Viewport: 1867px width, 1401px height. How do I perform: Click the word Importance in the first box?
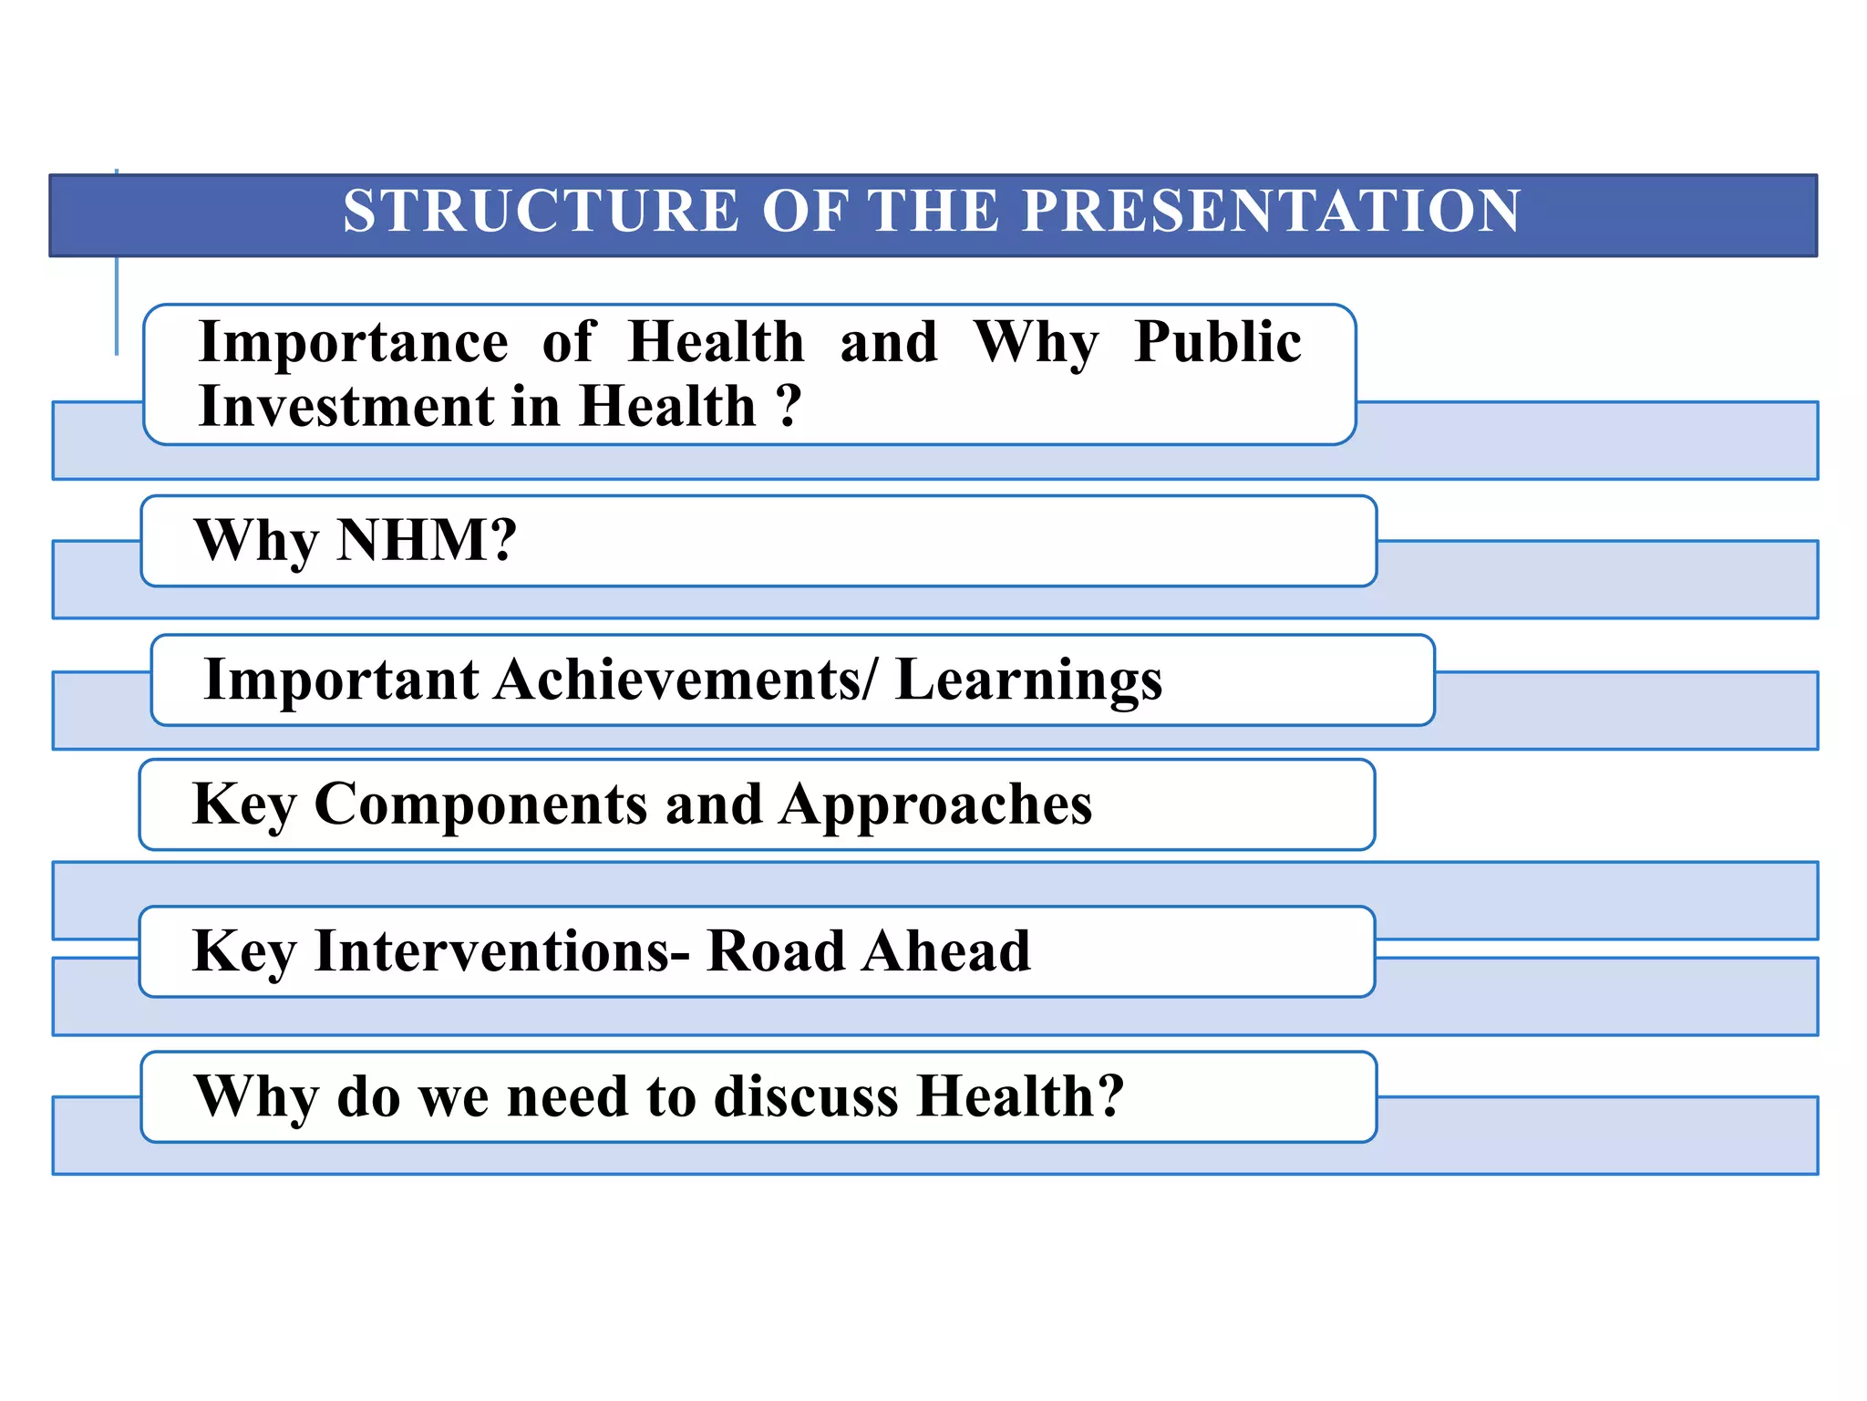tap(354, 343)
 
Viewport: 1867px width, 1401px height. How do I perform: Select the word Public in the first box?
tap(1218, 343)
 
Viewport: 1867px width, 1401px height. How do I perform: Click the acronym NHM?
tap(427, 540)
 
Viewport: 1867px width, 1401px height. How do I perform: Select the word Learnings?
tap(1029, 680)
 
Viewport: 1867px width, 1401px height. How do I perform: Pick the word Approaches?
tap(935, 805)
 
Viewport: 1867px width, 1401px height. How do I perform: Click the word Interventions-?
tap(502, 951)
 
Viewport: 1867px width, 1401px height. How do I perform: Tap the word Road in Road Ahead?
tap(776, 951)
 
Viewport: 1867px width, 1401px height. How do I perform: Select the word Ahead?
tap(947, 951)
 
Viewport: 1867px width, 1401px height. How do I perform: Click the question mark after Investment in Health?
tap(789, 406)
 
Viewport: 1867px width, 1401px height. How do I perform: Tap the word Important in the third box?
tap(341, 680)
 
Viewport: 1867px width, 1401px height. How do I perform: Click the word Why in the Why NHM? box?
tap(256, 542)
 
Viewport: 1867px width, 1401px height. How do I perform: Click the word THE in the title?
tap(933, 212)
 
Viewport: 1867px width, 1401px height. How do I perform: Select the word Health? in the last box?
tap(1020, 1096)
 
